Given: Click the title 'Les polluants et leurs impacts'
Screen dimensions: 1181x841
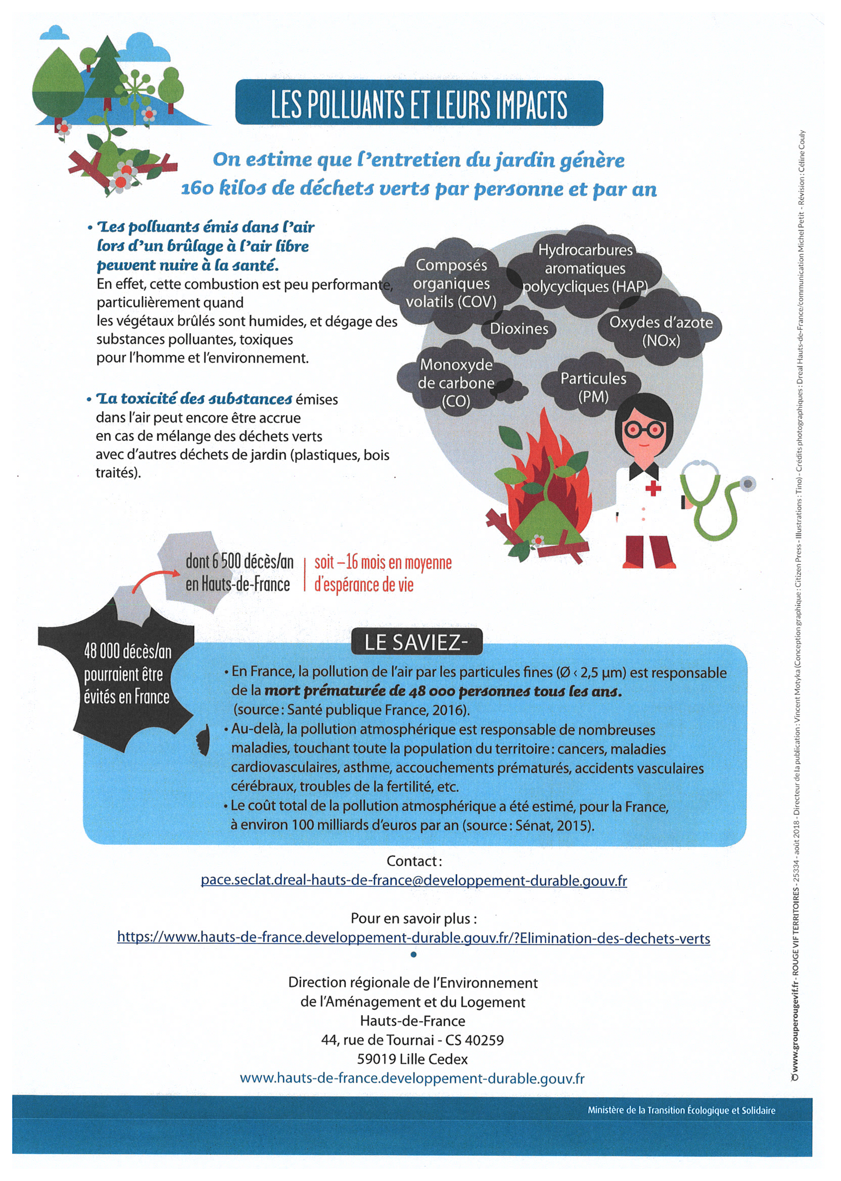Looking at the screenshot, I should [x=419, y=103].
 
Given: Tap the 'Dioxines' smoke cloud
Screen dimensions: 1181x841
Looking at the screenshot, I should [x=519, y=329].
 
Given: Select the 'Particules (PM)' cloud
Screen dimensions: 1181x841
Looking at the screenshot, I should [x=593, y=387].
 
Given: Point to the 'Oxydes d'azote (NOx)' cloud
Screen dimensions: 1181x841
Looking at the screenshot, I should [x=660, y=332].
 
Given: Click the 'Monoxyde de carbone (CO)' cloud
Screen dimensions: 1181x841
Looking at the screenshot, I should [x=456, y=383].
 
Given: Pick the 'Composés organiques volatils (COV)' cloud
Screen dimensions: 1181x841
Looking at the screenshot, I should [x=450, y=283].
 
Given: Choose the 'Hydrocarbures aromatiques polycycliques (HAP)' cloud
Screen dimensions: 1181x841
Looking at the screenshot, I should [x=585, y=268].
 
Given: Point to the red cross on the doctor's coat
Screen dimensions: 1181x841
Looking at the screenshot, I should [x=653, y=488].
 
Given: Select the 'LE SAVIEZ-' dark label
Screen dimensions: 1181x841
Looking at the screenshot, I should [x=416, y=642].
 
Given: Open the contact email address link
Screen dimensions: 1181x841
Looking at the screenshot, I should [x=414, y=881].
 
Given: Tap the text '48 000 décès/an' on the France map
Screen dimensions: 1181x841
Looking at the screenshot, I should [x=127, y=651].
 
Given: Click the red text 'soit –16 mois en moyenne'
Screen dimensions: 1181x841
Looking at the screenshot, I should [x=383, y=563].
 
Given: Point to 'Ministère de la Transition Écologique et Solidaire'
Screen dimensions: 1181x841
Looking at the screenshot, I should [x=681, y=1110].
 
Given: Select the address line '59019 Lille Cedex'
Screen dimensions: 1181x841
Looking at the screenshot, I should [x=412, y=1059].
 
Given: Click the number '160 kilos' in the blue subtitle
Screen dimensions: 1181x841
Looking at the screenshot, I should [x=223, y=189].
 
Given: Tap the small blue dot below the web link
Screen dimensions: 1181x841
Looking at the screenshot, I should [x=413, y=955].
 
